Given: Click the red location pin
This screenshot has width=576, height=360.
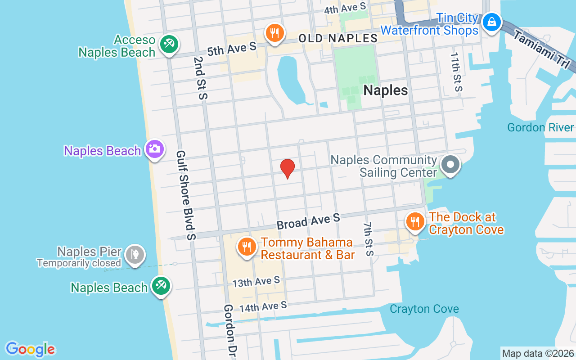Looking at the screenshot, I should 288,169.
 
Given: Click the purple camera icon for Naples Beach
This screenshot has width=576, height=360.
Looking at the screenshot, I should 154,149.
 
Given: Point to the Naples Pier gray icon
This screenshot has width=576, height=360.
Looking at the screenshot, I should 135,255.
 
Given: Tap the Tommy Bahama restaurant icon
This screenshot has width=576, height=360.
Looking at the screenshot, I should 246,247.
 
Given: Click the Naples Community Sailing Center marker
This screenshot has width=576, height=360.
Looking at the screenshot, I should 450,165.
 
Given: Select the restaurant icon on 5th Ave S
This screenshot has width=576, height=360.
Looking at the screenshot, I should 274,33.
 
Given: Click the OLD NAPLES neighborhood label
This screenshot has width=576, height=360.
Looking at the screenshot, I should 338,38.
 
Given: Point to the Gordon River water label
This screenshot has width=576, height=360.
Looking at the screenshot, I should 541,127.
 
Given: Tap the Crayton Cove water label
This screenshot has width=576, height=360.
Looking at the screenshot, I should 424,309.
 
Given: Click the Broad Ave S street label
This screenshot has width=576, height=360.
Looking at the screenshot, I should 308,221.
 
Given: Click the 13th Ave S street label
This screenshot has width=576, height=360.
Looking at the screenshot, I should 256,282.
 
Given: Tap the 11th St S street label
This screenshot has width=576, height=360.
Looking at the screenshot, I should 456,72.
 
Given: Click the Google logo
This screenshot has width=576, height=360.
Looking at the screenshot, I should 30,349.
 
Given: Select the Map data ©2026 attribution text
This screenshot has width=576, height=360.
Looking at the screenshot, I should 538,353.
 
